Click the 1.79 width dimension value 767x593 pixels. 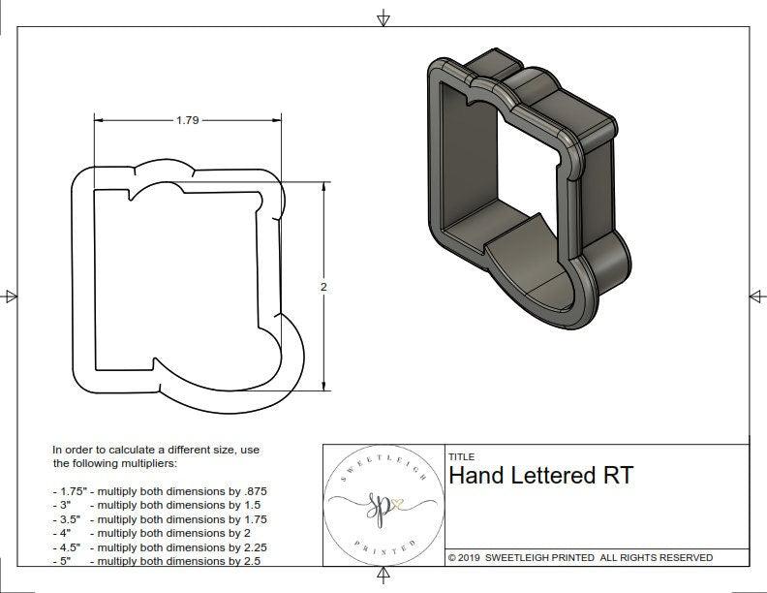click(x=188, y=120)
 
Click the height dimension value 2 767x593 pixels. click(x=323, y=287)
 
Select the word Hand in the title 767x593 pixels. click(x=482, y=476)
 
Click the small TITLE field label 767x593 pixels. click(x=462, y=456)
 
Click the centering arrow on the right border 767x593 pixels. click(x=755, y=296)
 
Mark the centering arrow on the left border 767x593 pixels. click(x=11, y=296)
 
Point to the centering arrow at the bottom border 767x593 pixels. click(x=383, y=578)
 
